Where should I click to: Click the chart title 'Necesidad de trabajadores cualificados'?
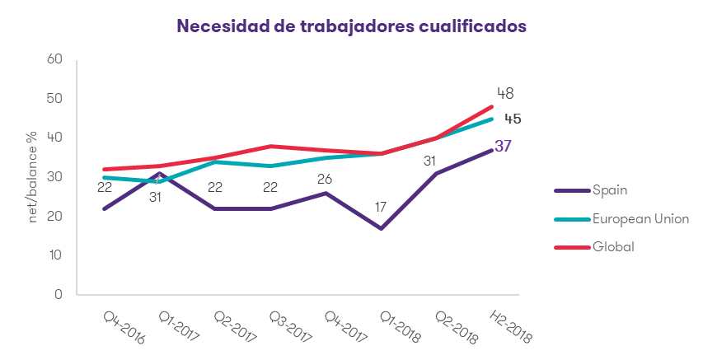351,26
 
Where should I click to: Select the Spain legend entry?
611,189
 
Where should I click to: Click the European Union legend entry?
638,218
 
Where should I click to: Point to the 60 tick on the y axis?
56,59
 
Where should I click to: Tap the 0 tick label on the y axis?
59,294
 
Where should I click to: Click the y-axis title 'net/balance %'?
34,176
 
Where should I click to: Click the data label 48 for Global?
505,93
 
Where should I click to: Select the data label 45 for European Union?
513,119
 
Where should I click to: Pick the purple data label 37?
504,147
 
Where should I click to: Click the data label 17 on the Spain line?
381,206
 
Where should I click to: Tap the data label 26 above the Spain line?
326,177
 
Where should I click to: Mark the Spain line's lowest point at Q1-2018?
382,228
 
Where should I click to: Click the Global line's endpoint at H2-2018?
492,106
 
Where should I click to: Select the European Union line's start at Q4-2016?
105,177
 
